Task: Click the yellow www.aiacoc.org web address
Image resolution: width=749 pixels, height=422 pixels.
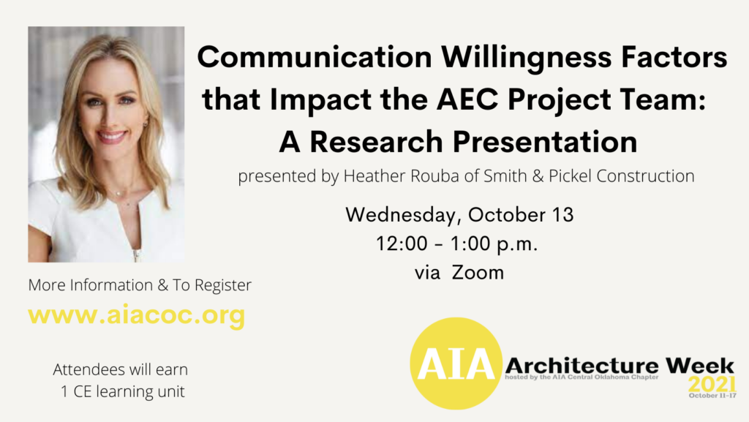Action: click(137, 315)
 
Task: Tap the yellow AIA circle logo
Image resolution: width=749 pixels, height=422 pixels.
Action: click(456, 363)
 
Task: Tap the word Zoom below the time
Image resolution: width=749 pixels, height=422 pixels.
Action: click(478, 273)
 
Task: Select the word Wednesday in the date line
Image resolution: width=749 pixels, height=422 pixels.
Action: click(400, 216)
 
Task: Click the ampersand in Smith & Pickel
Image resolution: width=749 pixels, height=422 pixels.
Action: click(538, 176)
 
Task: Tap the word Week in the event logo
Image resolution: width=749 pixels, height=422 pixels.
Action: click(699, 366)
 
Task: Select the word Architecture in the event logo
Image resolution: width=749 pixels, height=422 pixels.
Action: click(581, 366)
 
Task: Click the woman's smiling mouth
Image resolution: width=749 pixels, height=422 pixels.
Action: click(111, 137)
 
